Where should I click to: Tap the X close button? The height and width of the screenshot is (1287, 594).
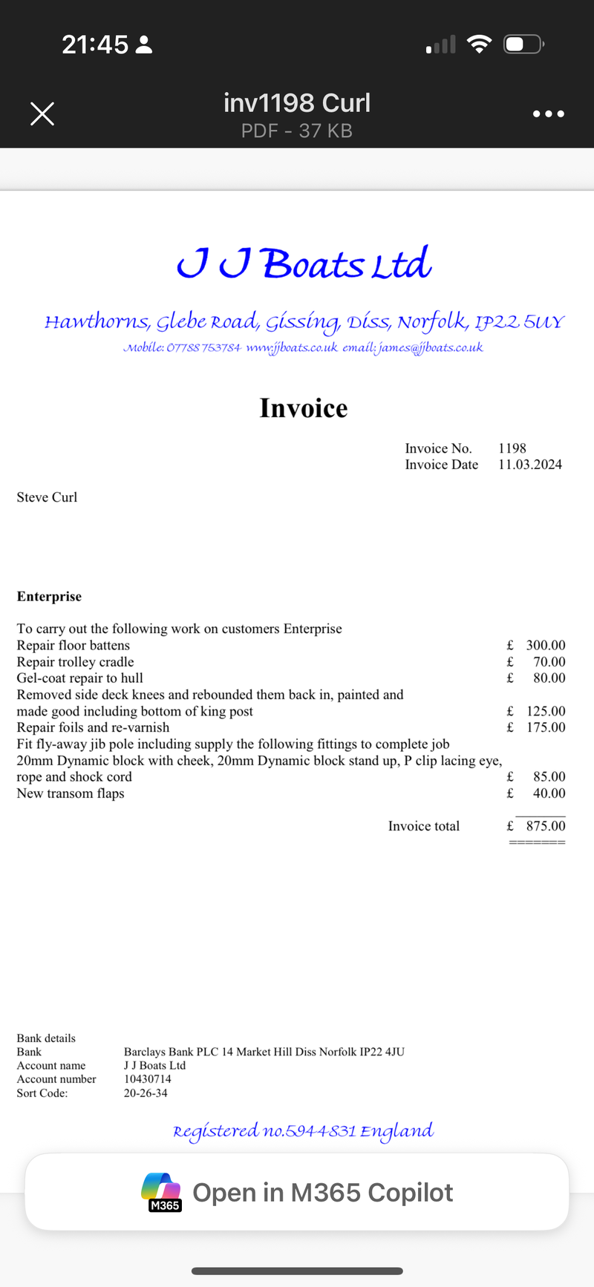[42, 114]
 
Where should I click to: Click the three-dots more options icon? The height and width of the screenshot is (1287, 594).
[549, 114]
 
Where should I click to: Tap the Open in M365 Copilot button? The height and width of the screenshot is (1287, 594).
[297, 1192]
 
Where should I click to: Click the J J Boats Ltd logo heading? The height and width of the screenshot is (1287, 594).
[304, 263]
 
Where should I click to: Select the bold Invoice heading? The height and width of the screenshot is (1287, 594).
[304, 408]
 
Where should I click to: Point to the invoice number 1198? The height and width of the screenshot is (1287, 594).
[512, 448]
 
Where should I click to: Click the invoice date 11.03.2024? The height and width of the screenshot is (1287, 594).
[530, 465]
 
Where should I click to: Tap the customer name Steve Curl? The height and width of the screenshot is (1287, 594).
[47, 497]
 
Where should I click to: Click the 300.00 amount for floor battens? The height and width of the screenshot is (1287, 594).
[546, 646]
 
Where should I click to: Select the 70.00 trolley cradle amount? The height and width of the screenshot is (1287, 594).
[549, 662]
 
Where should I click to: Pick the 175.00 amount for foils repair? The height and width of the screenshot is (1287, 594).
[546, 727]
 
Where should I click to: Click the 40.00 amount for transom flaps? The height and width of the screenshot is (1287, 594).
[549, 793]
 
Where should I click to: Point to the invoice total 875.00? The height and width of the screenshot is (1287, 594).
[546, 826]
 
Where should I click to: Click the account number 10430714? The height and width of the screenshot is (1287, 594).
[148, 1079]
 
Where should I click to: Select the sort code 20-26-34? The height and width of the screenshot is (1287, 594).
[146, 1093]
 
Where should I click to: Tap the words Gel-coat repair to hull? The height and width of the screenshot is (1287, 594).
[80, 678]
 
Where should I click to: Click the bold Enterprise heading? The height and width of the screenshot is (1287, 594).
[49, 597]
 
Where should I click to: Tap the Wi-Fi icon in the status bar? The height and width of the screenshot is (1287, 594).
[480, 45]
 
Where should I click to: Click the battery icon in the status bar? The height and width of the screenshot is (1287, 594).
[523, 45]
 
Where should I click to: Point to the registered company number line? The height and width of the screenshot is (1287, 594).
[303, 1131]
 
